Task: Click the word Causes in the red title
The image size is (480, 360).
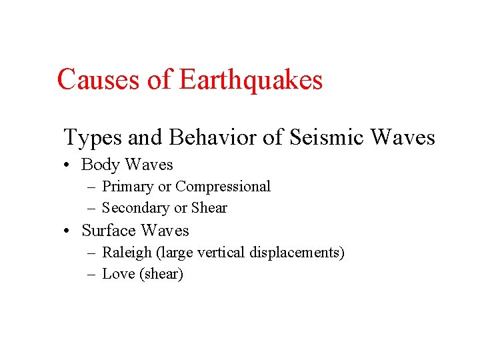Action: [99, 80]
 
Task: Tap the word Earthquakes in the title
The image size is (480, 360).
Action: [251, 80]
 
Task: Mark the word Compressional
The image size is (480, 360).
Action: [223, 186]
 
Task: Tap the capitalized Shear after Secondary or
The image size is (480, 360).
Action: [209, 208]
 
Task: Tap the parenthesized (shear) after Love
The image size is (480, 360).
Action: [161, 274]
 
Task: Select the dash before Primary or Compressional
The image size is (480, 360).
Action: [92, 187]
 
